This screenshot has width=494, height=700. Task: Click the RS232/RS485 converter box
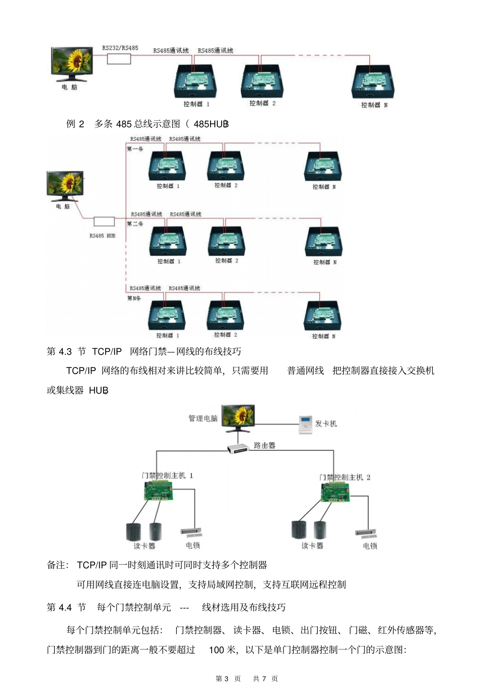119,59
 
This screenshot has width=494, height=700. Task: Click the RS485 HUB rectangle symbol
104,222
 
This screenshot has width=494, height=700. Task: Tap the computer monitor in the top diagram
71,63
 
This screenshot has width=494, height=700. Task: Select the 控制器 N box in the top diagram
373,82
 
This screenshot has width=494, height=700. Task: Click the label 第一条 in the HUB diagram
135,149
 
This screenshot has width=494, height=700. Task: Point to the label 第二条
135,224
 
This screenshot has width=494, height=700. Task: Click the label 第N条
134,298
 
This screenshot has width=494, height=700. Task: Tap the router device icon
239,448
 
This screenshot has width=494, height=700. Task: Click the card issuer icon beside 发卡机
305,425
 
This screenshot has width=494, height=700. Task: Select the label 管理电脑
203,418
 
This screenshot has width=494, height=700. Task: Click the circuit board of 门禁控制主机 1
159,491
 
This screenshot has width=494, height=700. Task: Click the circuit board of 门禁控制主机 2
335,492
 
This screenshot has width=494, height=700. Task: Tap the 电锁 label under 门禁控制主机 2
370,546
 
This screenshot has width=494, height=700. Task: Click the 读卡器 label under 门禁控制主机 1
144,546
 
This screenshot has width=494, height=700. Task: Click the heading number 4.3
65,352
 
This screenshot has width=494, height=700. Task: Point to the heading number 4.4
65,607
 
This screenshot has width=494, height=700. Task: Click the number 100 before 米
216,650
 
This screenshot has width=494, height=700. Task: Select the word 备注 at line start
56,565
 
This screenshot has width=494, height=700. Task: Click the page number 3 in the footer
226,679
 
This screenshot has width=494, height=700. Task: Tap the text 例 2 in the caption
75,124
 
